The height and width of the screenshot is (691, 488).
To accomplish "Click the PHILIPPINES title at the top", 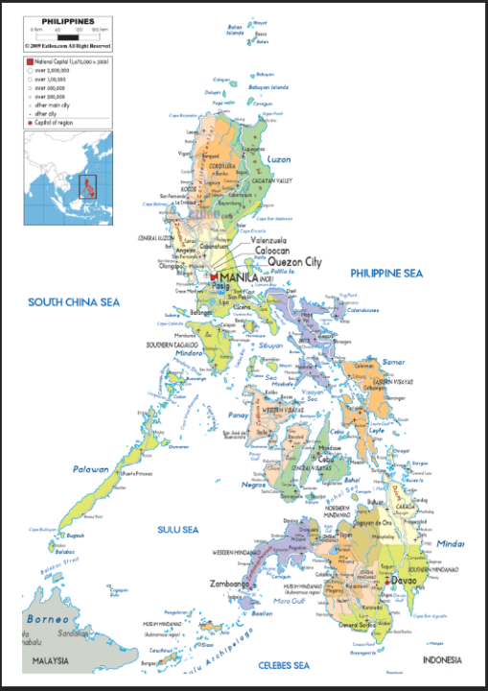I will (67, 19).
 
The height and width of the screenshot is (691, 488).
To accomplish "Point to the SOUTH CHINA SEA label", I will (73, 302).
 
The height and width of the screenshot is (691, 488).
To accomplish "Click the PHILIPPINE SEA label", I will (385, 274).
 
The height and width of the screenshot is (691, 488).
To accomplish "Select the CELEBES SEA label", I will (284, 664).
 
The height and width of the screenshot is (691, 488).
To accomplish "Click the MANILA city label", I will (240, 277).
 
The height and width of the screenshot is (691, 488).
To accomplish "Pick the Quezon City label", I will (294, 261).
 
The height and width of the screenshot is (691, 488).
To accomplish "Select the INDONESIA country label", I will (442, 660).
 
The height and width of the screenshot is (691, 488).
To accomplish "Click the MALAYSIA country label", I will (54, 661).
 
